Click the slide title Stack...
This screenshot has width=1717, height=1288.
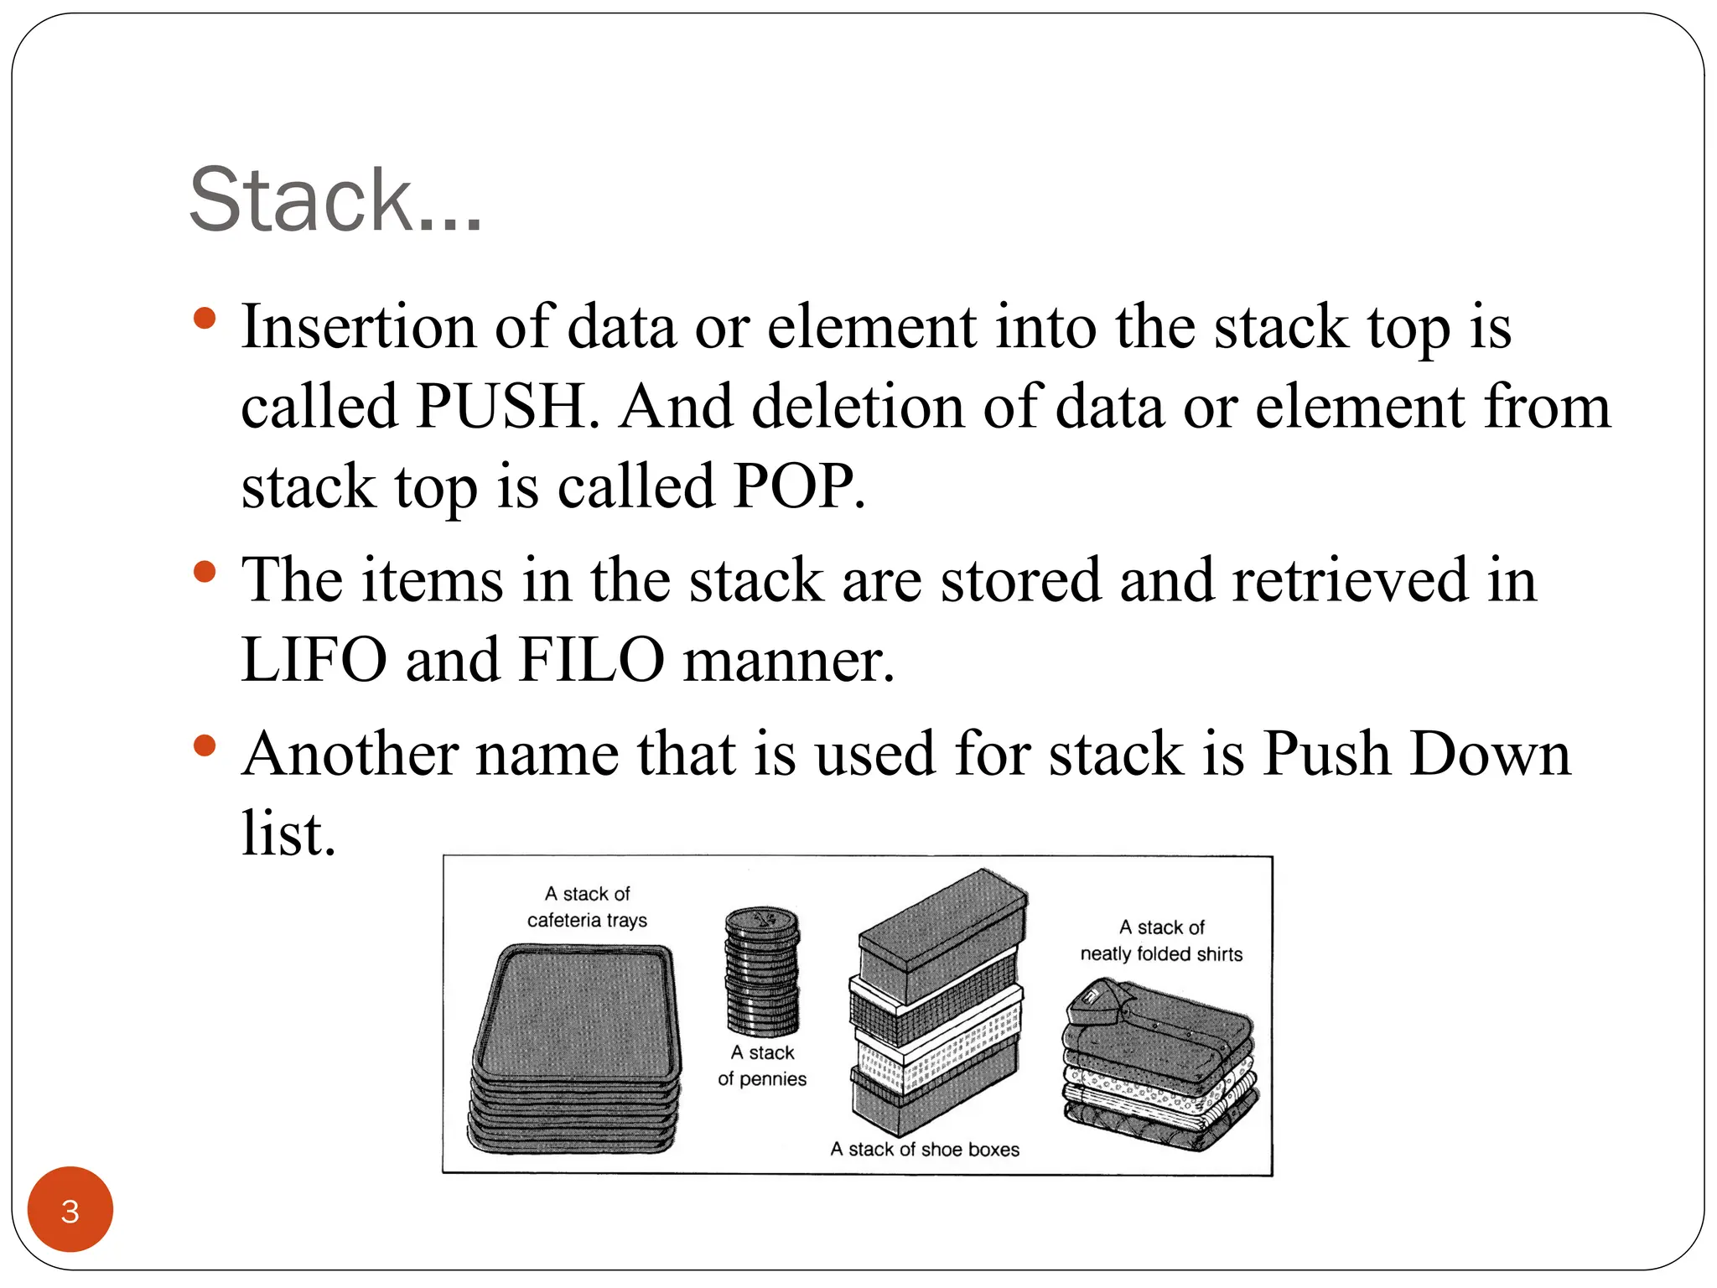click(x=335, y=201)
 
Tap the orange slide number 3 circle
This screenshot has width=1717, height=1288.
click(x=70, y=1210)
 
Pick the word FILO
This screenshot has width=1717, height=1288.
click(x=591, y=661)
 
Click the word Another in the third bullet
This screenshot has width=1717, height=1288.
click(x=350, y=754)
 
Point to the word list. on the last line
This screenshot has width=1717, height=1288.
click(x=288, y=834)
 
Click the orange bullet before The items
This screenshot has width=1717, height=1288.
click(x=204, y=573)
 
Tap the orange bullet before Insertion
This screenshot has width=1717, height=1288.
click(x=204, y=319)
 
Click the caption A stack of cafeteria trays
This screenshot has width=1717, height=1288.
click(x=587, y=907)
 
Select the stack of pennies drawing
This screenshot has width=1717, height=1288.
click(x=761, y=973)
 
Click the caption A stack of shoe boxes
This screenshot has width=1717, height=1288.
click(x=925, y=1150)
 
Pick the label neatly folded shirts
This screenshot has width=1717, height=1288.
click(x=1161, y=954)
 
